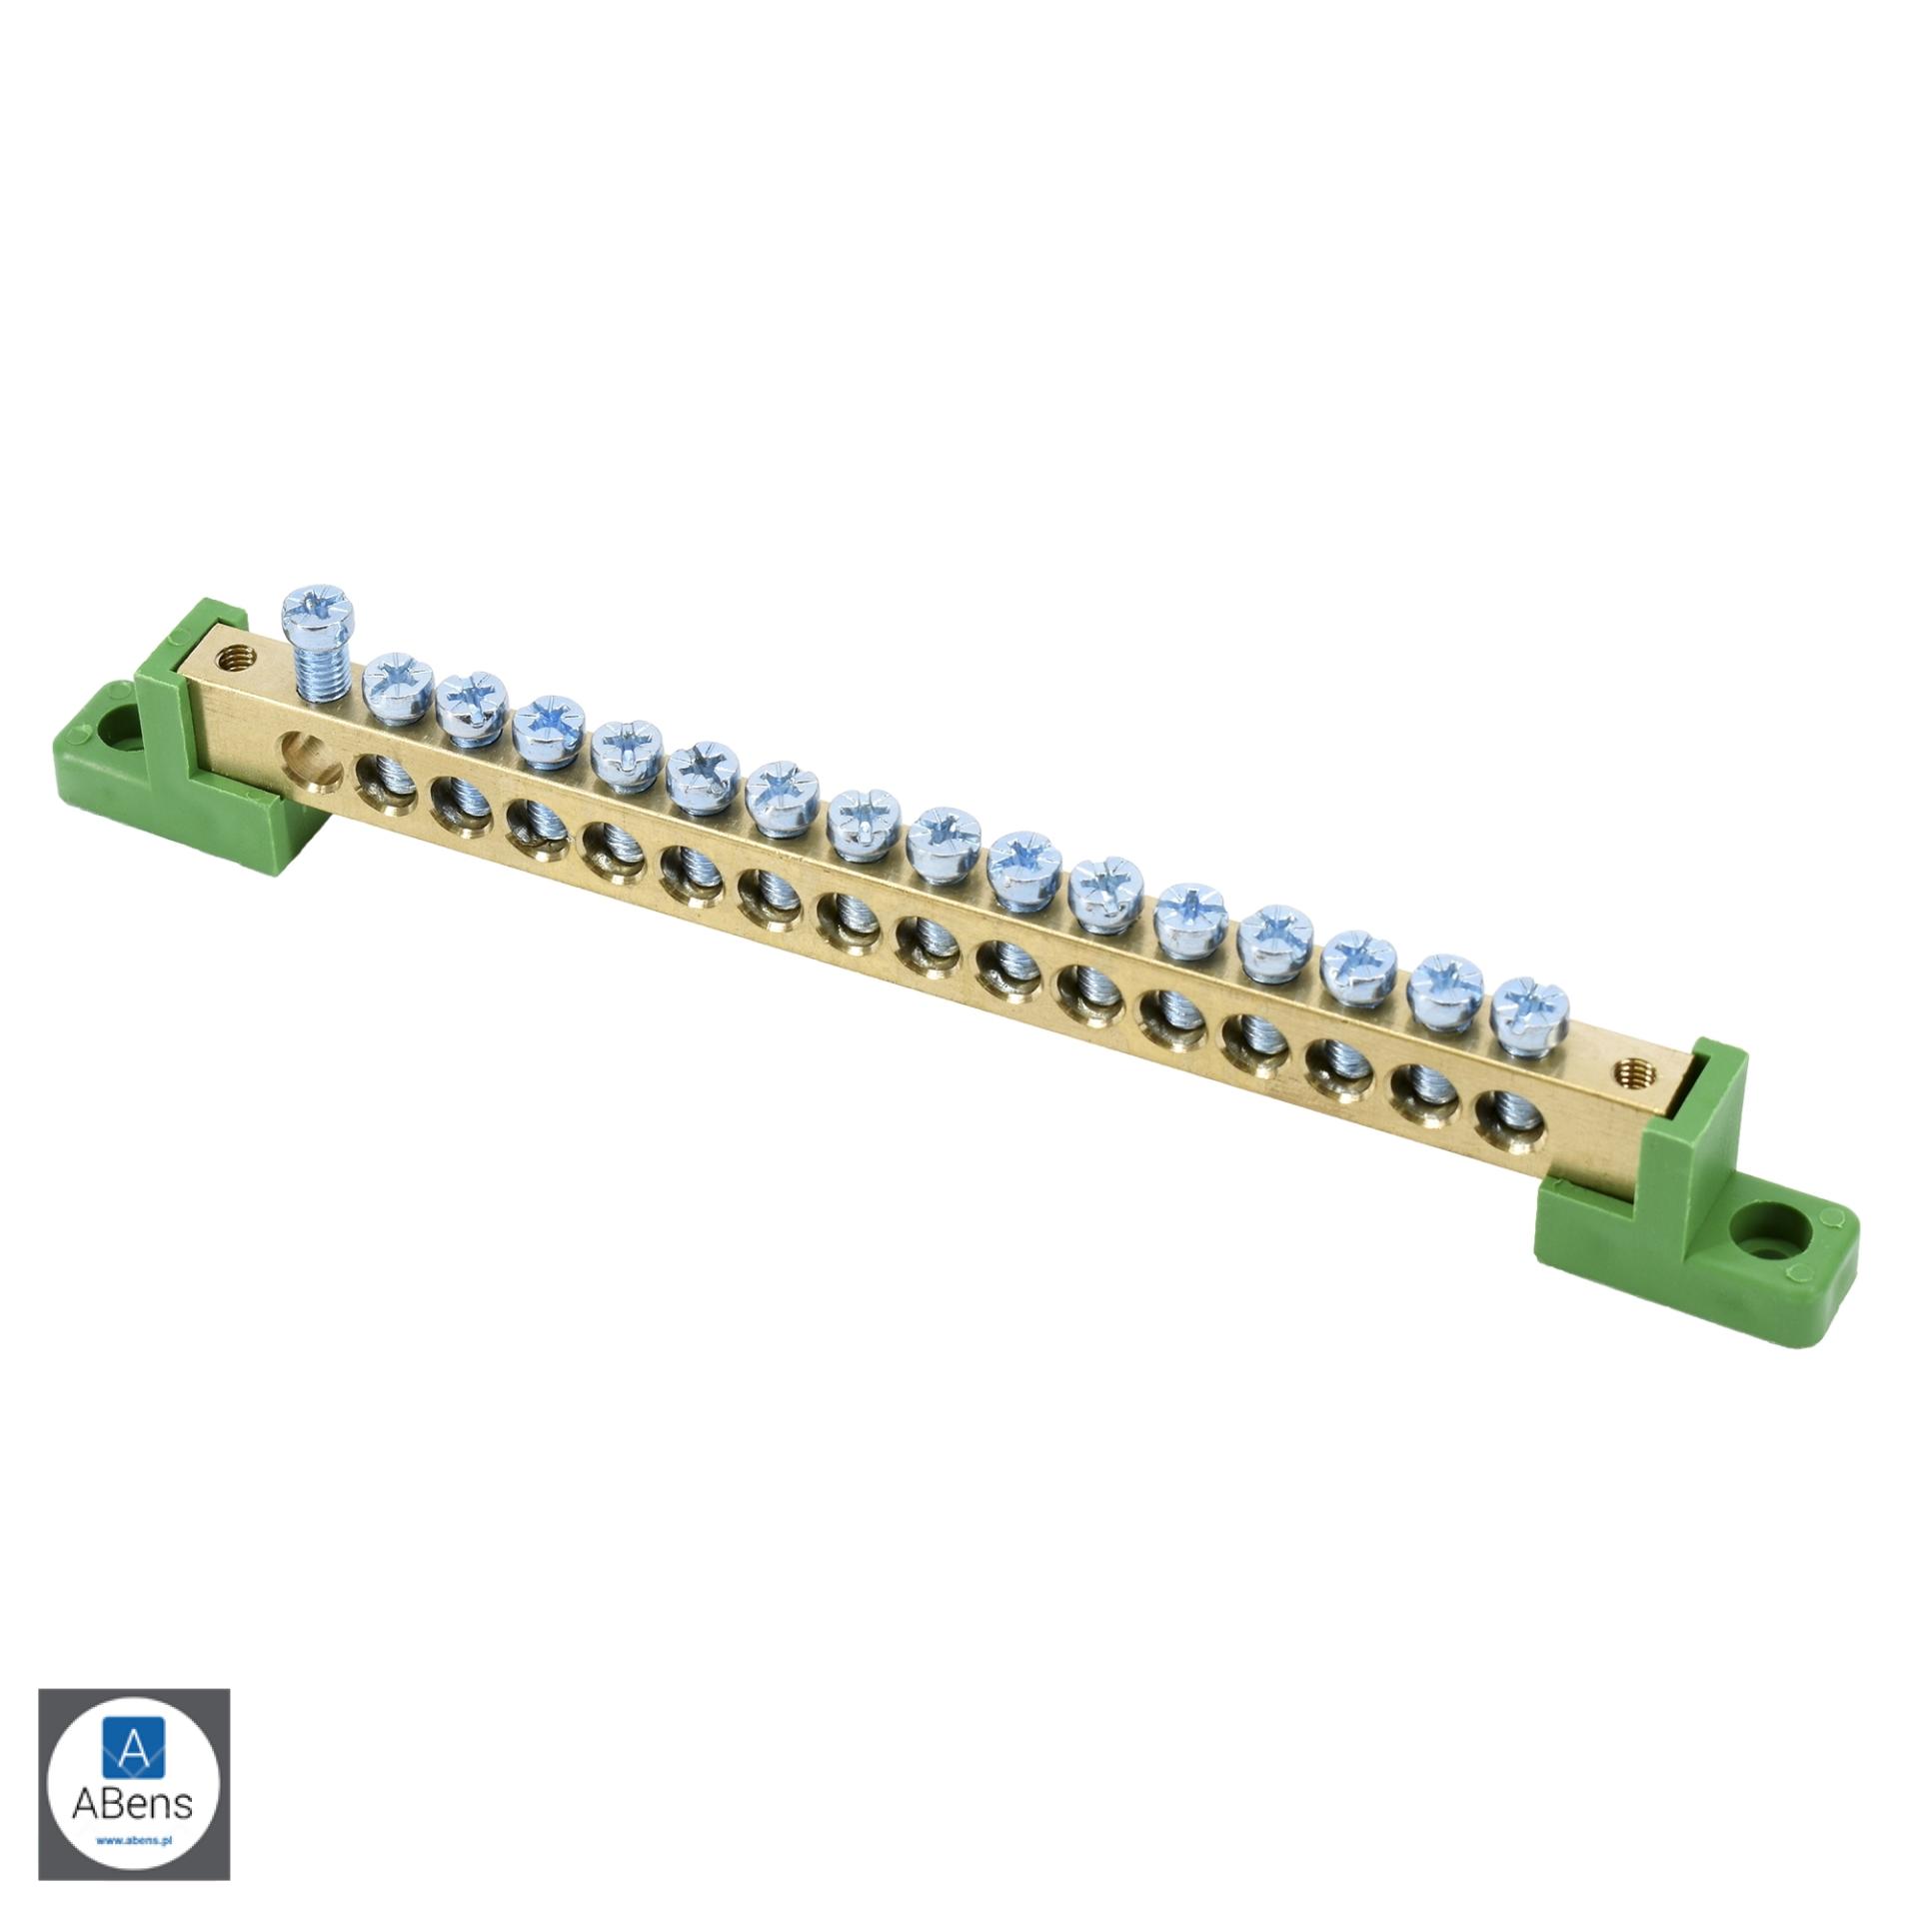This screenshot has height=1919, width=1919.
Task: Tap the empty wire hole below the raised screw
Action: pos(302,750)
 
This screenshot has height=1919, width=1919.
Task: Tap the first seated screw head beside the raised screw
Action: pos(400,688)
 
